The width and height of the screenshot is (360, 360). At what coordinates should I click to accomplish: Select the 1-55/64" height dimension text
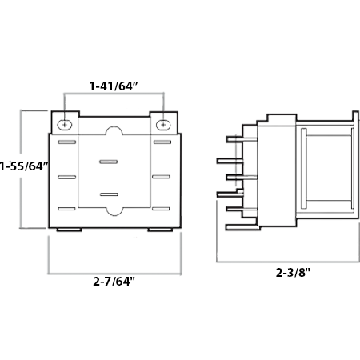(x=25, y=167)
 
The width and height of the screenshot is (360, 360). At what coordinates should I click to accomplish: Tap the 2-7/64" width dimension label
(x=114, y=282)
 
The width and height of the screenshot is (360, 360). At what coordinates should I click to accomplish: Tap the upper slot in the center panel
(x=108, y=162)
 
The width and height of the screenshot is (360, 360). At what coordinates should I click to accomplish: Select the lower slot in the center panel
(x=108, y=194)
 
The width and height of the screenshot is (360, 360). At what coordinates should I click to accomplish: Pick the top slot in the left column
(x=66, y=143)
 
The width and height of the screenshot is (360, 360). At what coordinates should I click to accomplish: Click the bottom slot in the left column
(x=66, y=209)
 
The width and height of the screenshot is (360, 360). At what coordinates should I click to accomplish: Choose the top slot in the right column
(x=162, y=143)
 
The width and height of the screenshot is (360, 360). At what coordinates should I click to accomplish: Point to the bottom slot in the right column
(x=162, y=209)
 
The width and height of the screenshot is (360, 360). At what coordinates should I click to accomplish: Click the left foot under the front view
(x=69, y=230)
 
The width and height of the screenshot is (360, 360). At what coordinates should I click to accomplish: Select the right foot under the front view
(x=160, y=230)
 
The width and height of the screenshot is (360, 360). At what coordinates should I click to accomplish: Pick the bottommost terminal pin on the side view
(x=234, y=226)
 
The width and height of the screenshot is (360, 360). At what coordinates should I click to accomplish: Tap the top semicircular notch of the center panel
(x=114, y=132)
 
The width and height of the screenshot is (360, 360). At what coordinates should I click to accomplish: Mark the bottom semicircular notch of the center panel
(x=114, y=214)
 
